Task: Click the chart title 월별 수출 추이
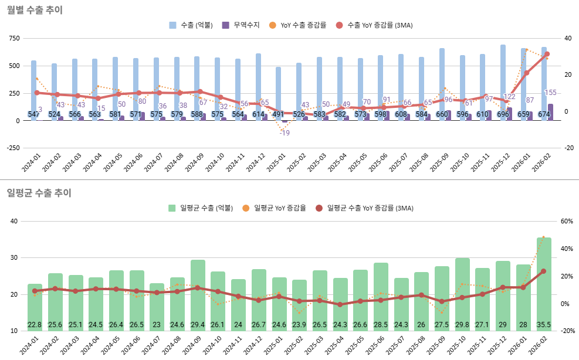35,10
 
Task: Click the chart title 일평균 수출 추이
39,192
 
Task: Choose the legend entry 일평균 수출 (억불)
201,208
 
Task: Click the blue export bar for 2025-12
503,82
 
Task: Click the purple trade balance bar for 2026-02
550,112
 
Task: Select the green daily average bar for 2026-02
544,281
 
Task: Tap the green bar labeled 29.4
198,293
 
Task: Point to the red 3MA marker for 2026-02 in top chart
547,54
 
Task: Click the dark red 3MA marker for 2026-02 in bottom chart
543,271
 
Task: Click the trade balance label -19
285,133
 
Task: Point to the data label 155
551,93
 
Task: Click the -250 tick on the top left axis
12,148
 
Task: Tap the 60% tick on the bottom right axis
567,221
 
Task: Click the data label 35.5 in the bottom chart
544,325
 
